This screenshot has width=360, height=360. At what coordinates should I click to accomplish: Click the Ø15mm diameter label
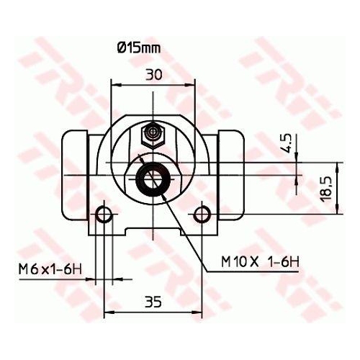click(138, 49)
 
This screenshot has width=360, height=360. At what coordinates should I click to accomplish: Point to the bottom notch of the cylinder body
click(153, 233)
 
